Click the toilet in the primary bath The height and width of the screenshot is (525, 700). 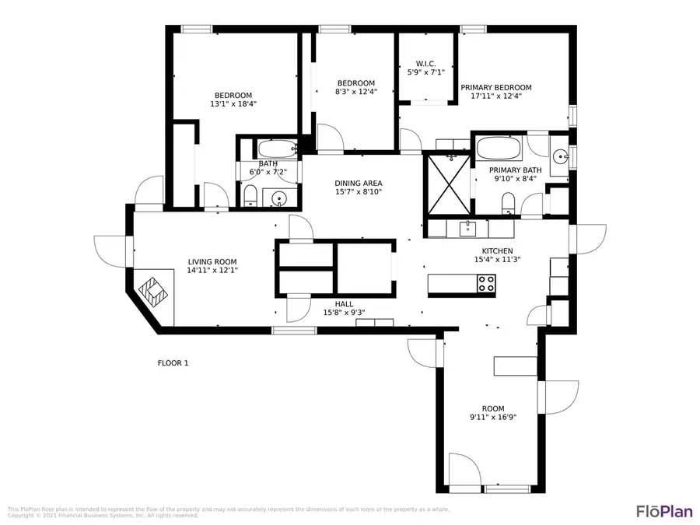(x=509, y=205)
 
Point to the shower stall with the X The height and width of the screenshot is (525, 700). (x=446, y=184)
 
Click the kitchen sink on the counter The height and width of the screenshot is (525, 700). (x=467, y=228)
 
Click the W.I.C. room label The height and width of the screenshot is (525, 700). (x=425, y=64)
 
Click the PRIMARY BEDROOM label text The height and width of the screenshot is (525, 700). (x=495, y=88)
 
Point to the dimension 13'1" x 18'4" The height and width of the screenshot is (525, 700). (x=233, y=103)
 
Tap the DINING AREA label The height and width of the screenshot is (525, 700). (x=359, y=184)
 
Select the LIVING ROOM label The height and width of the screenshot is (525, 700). (x=212, y=262)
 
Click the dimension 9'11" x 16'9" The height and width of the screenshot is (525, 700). (x=492, y=417)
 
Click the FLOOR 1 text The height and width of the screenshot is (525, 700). (x=173, y=363)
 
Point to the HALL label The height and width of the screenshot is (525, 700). (x=344, y=304)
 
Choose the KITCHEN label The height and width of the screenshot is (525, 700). (x=497, y=250)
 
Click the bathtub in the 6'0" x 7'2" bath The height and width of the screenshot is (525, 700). (x=276, y=148)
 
